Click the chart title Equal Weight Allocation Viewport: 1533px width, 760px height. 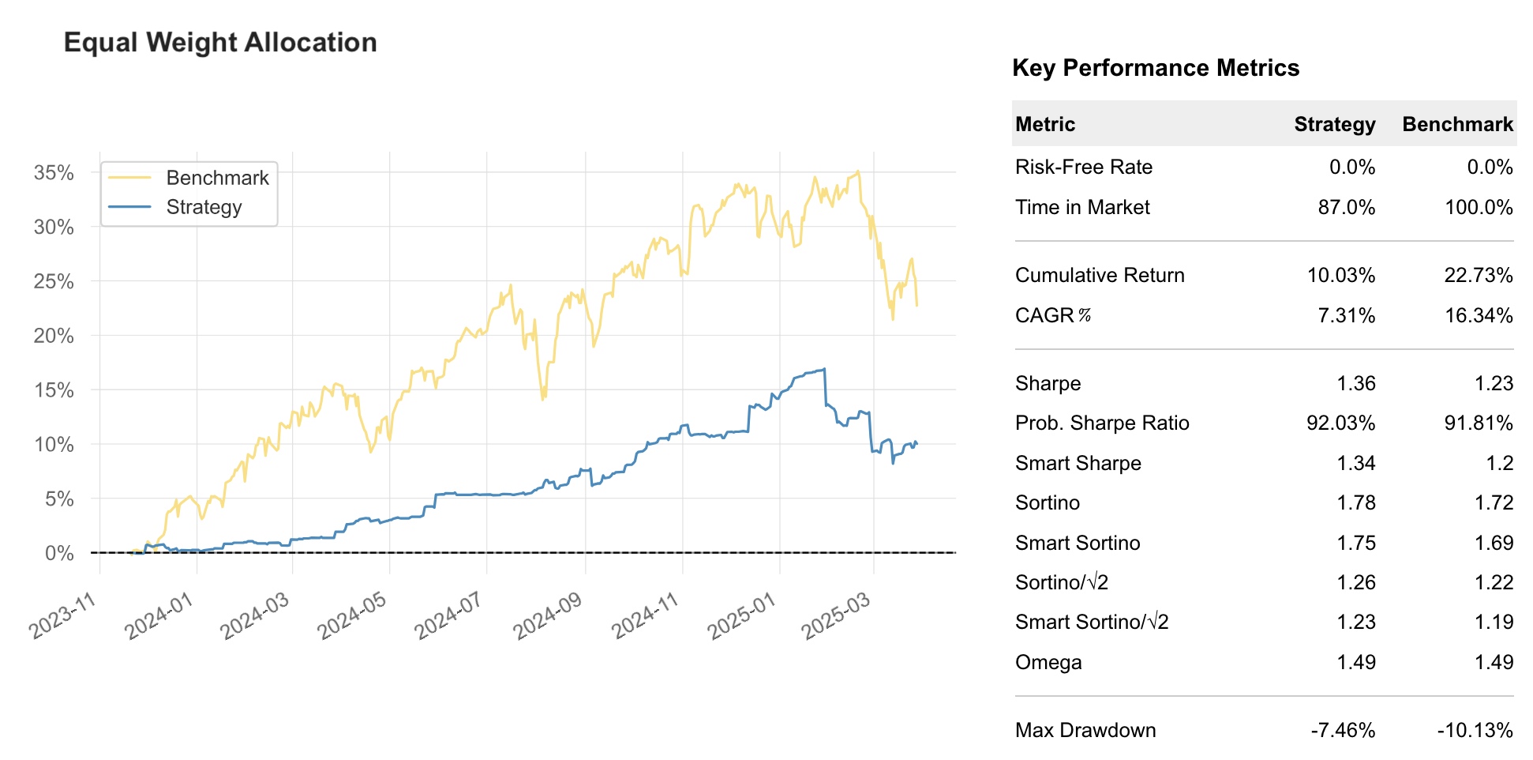click(x=220, y=43)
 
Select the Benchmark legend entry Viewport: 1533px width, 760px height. click(x=217, y=178)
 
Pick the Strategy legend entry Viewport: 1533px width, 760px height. click(x=204, y=207)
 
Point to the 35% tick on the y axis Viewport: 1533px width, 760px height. click(x=54, y=173)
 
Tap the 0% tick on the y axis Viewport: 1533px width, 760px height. click(x=59, y=553)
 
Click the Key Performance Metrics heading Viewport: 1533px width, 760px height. click(x=1155, y=68)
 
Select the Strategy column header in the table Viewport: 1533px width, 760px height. click(x=1334, y=124)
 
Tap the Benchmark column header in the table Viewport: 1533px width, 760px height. click(x=1457, y=124)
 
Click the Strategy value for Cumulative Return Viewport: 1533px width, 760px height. click(x=1340, y=275)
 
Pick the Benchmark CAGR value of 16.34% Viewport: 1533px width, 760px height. click(x=1479, y=315)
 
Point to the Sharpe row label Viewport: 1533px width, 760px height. click(x=1048, y=383)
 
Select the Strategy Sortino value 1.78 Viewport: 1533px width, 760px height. click(x=1355, y=502)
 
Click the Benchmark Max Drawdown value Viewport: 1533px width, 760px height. click(x=1475, y=730)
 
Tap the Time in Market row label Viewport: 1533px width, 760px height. click(x=1082, y=207)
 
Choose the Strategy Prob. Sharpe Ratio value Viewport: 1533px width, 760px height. click(x=1340, y=423)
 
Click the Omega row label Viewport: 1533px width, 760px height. click(x=1048, y=662)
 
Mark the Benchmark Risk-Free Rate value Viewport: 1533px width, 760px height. click(x=1490, y=167)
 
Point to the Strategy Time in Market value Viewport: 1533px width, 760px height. click(x=1346, y=207)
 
